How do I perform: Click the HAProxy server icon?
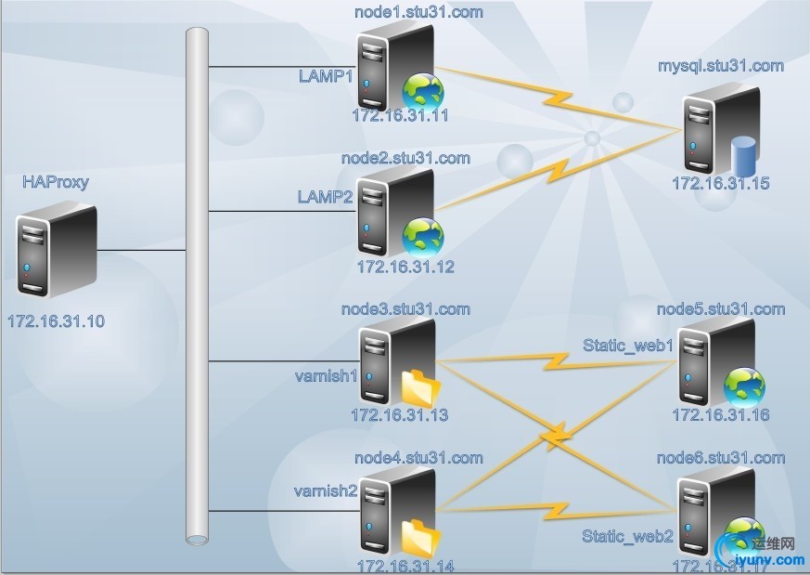click(56, 251)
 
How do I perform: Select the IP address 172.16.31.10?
click(56, 321)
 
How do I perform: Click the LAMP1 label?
click(326, 74)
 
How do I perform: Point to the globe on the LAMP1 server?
click(423, 92)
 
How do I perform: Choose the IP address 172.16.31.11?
click(400, 116)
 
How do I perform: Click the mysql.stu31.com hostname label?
click(721, 66)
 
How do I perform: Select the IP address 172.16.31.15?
click(721, 184)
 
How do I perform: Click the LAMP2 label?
click(326, 197)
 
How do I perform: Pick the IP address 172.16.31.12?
click(405, 267)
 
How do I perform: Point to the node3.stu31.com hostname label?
click(405, 309)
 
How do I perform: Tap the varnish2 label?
click(326, 490)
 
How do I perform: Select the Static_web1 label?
click(627, 346)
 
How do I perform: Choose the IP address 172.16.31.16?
click(721, 415)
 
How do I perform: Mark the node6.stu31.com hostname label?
click(721, 458)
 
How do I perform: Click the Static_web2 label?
click(627, 536)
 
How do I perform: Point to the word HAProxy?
click(56, 182)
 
